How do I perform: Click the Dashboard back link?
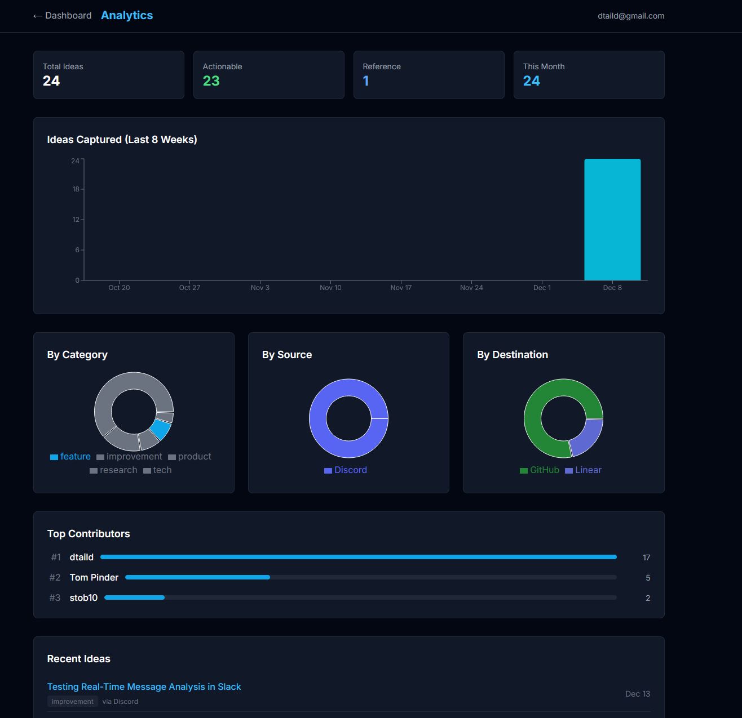pos(62,16)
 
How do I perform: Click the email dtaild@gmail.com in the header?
pos(630,16)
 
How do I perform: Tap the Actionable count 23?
pos(211,81)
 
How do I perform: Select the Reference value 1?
pos(366,81)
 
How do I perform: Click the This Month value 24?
pos(531,81)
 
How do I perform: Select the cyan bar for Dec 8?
pos(612,220)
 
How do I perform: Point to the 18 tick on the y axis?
pos(76,189)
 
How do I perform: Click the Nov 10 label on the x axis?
pos(330,288)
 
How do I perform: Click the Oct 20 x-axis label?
pos(119,288)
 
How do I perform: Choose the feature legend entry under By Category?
pos(70,457)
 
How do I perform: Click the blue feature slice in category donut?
pos(161,429)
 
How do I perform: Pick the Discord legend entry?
pos(346,470)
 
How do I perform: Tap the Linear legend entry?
pos(584,470)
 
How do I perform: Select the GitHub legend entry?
pos(540,470)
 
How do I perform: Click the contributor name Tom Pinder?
pos(94,578)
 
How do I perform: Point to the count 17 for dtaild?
pos(646,558)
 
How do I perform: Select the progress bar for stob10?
pos(360,597)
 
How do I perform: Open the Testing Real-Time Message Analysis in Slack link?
pos(144,687)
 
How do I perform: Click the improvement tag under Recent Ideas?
pos(72,702)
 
